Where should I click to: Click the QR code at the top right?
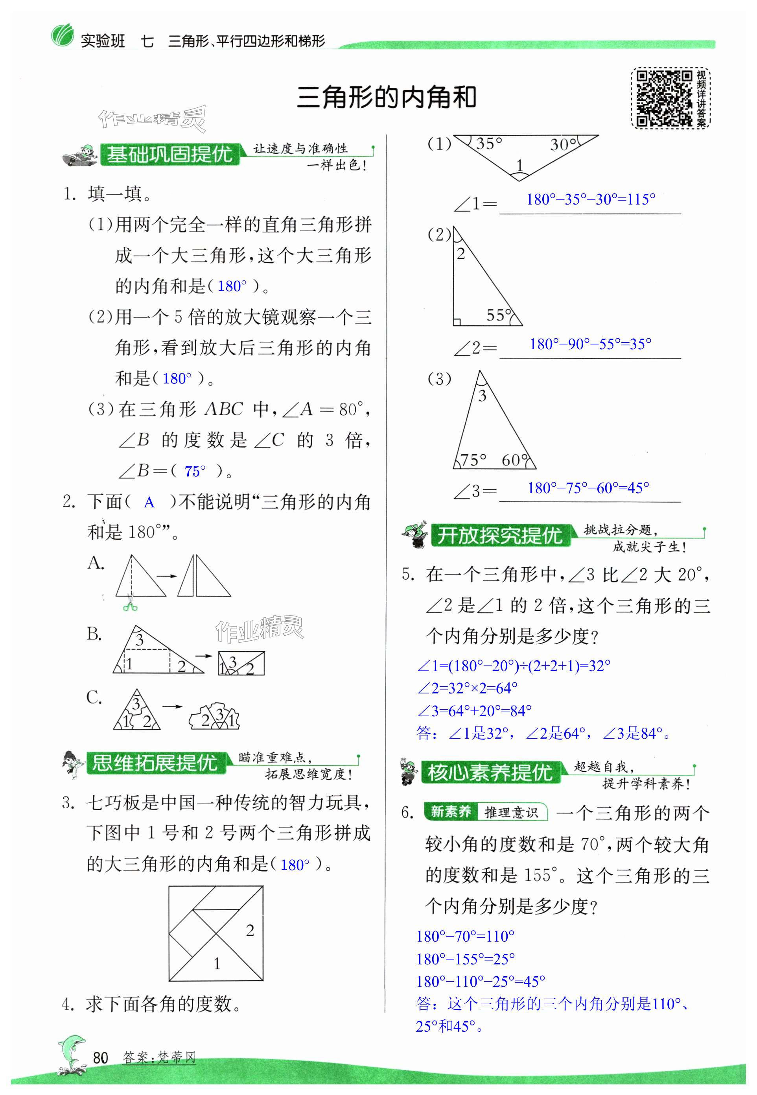[x=663, y=99]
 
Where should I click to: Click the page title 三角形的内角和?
[x=386, y=97]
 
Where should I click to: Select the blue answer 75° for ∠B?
[x=195, y=471]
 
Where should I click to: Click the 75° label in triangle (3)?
[x=473, y=459]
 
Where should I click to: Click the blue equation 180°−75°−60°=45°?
[x=588, y=488]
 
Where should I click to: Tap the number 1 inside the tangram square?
[x=217, y=964]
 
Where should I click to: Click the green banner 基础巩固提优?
[x=169, y=154]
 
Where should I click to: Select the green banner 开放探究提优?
[x=499, y=536]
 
